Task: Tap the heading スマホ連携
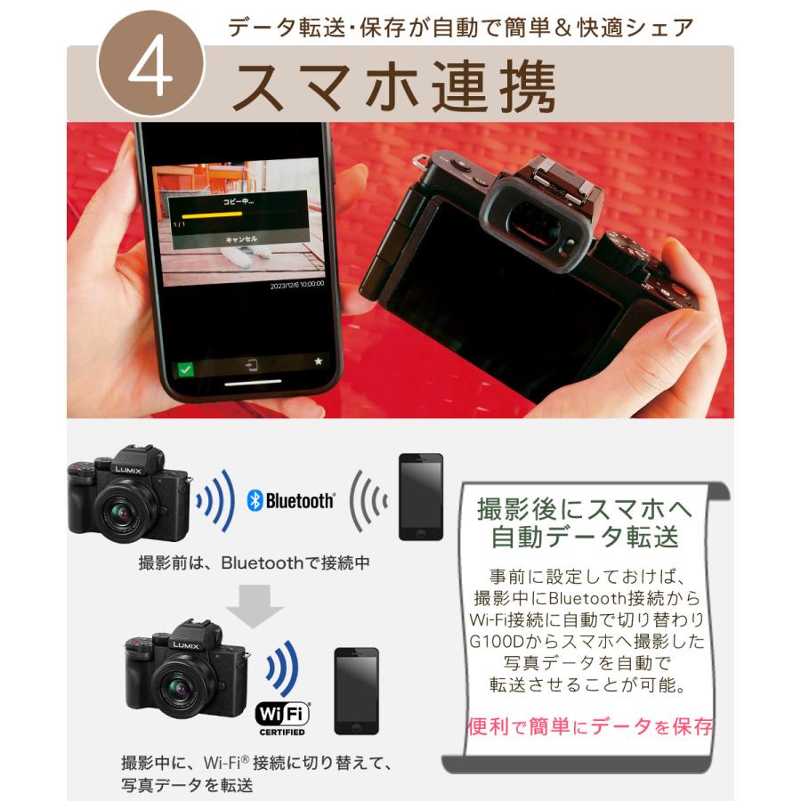(x=393, y=86)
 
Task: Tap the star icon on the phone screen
(x=318, y=361)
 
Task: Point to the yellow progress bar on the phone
(x=206, y=215)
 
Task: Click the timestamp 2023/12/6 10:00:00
(x=297, y=285)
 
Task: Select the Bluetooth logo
(x=291, y=500)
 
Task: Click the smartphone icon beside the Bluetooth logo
(x=420, y=497)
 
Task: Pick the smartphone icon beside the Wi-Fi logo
(x=356, y=690)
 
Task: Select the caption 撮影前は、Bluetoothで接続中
(x=254, y=562)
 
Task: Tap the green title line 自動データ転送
(x=585, y=537)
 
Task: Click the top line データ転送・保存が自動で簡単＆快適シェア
(x=460, y=28)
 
